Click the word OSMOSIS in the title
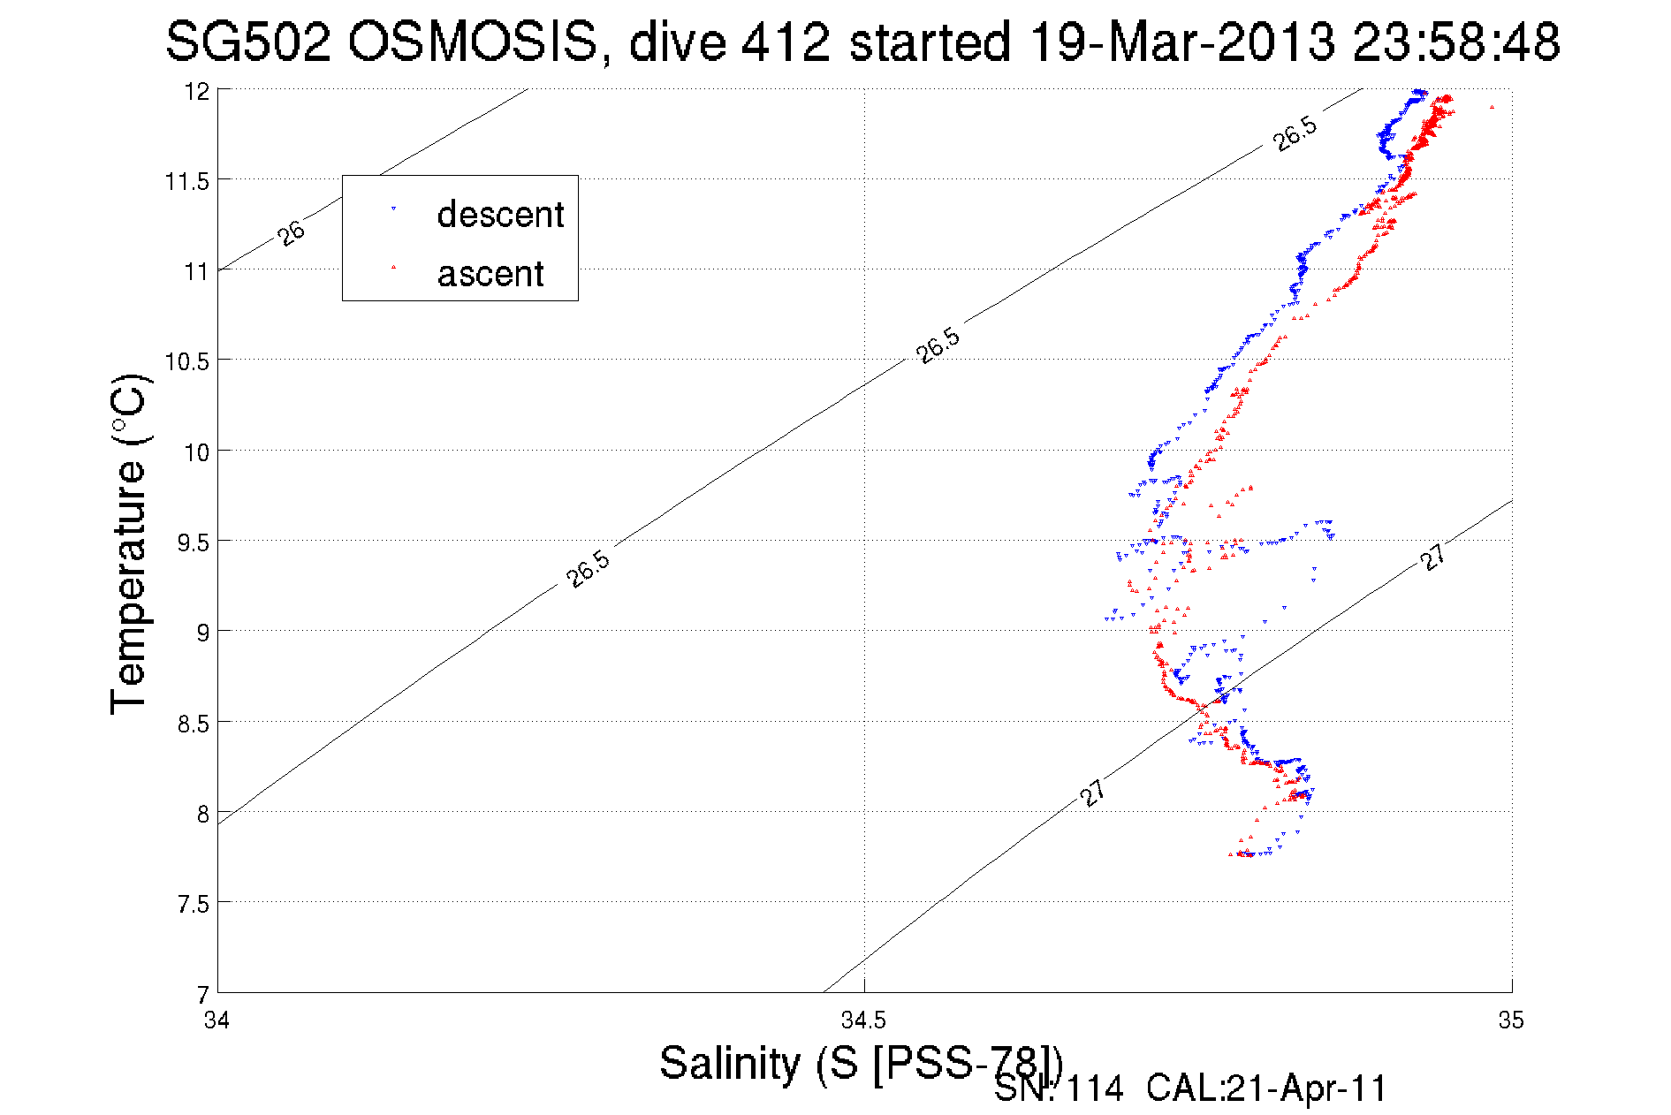(473, 42)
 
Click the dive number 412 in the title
(786, 42)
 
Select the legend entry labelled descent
(500, 215)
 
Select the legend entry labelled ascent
(490, 274)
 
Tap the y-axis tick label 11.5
(187, 181)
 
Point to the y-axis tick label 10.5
(187, 361)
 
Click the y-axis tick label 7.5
(194, 904)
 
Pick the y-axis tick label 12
(197, 91)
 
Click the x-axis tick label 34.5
(863, 1021)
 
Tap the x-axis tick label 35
(1511, 1021)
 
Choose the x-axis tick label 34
(216, 1021)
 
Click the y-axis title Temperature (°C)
(129, 543)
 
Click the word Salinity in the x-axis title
(730, 1062)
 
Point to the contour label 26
(291, 233)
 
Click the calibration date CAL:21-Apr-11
(1266, 1089)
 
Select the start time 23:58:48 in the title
(1456, 42)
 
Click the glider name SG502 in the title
(248, 42)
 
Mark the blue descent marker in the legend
(393, 209)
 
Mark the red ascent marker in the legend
(393, 267)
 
